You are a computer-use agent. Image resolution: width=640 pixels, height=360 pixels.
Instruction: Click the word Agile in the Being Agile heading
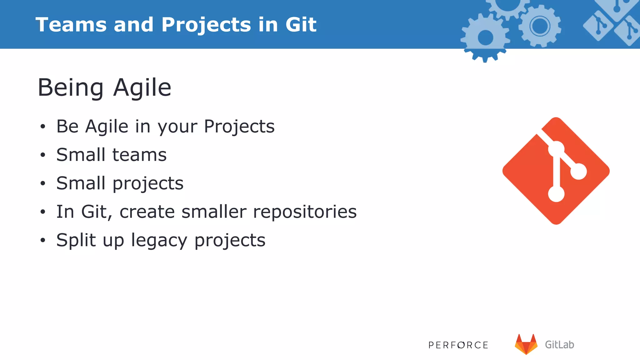click(x=142, y=88)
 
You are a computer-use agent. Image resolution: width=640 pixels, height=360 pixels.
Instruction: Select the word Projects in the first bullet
click(x=239, y=127)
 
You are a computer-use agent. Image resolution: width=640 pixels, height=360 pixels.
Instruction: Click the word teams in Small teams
click(x=139, y=155)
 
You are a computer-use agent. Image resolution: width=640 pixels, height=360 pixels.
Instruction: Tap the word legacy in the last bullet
click(x=159, y=241)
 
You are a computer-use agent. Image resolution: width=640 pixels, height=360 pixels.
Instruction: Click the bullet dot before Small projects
click(x=43, y=184)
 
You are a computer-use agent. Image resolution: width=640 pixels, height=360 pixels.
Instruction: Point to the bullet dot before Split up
click(x=43, y=240)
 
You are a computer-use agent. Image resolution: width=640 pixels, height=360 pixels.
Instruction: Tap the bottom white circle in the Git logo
click(x=556, y=194)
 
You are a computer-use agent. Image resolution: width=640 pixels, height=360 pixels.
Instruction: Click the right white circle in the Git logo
click(x=578, y=171)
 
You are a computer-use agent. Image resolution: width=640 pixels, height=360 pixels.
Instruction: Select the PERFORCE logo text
click(x=458, y=345)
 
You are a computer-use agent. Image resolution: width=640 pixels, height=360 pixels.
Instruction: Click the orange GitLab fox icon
click(x=526, y=344)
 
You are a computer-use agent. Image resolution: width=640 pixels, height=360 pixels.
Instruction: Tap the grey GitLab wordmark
click(x=559, y=345)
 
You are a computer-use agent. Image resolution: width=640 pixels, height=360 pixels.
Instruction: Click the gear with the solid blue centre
click(x=485, y=38)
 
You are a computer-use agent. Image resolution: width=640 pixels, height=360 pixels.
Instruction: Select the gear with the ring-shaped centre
click(x=540, y=26)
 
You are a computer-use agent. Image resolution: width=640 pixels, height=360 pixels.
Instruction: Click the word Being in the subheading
click(x=71, y=88)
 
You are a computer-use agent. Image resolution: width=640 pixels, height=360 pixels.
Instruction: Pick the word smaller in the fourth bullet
click(x=214, y=212)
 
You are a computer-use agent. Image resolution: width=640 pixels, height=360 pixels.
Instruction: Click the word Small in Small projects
click(x=81, y=183)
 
